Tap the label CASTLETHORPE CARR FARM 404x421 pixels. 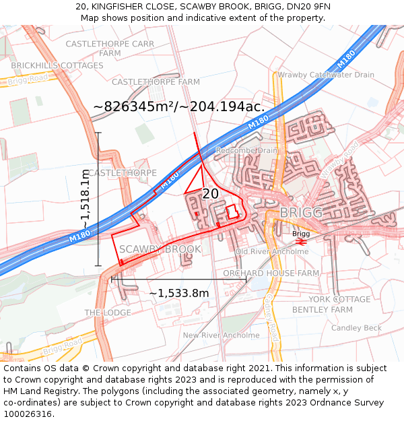pyautogui.click(x=110, y=48)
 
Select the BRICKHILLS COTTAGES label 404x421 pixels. pyautogui.click(x=57, y=65)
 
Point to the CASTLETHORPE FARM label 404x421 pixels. pyautogui.click(x=156, y=82)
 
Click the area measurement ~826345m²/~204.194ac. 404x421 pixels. pyautogui.click(x=178, y=106)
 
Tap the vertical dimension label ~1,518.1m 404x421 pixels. pyautogui.click(x=85, y=199)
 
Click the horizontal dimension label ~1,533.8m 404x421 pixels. pyautogui.click(x=178, y=293)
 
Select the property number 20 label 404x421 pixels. pyautogui.click(x=210, y=194)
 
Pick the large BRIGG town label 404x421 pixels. pyautogui.click(x=301, y=213)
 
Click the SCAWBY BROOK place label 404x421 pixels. pyautogui.click(x=160, y=249)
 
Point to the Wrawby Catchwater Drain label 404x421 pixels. pyautogui.click(x=326, y=75)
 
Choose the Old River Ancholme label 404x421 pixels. pyautogui.click(x=272, y=251)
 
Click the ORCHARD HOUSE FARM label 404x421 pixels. pyautogui.click(x=271, y=273)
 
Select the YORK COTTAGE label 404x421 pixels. pyautogui.click(x=339, y=299)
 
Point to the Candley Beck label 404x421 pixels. pyautogui.click(x=356, y=328)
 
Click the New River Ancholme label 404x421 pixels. pyautogui.click(x=221, y=335)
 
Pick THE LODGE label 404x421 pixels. pyautogui.click(x=108, y=313)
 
